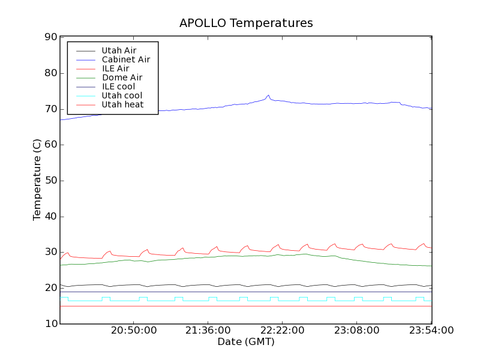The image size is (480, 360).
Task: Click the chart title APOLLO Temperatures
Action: click(246, 23)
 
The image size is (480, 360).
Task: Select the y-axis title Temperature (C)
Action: click(37, 180)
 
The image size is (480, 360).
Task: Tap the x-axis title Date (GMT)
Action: click(246, 342)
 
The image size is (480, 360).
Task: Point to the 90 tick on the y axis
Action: click(50, 37)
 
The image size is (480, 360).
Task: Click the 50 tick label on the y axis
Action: click(50, 181)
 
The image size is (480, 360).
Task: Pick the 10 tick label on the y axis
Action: click(50, 324)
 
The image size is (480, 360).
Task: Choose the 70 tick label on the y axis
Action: click(50, 109)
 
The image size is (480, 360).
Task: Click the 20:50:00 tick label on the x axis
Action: click(134, 331)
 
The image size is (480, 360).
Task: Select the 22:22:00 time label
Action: click(283, 331)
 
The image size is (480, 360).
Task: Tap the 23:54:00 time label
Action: click(431, 331)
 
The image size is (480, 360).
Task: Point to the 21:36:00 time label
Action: click(208, 331)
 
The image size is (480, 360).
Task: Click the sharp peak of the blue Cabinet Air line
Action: click(268, 95)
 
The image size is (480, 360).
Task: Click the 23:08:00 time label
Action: click(357, 331)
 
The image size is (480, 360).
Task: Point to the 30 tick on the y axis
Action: click(50, 253)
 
